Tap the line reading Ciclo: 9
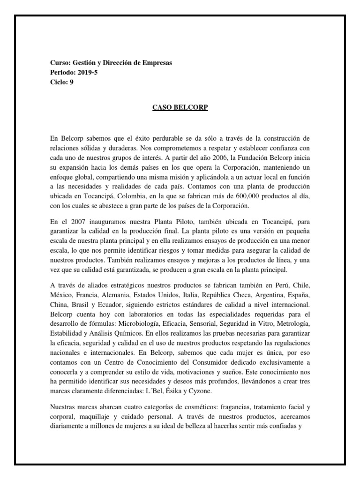point(61,82)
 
